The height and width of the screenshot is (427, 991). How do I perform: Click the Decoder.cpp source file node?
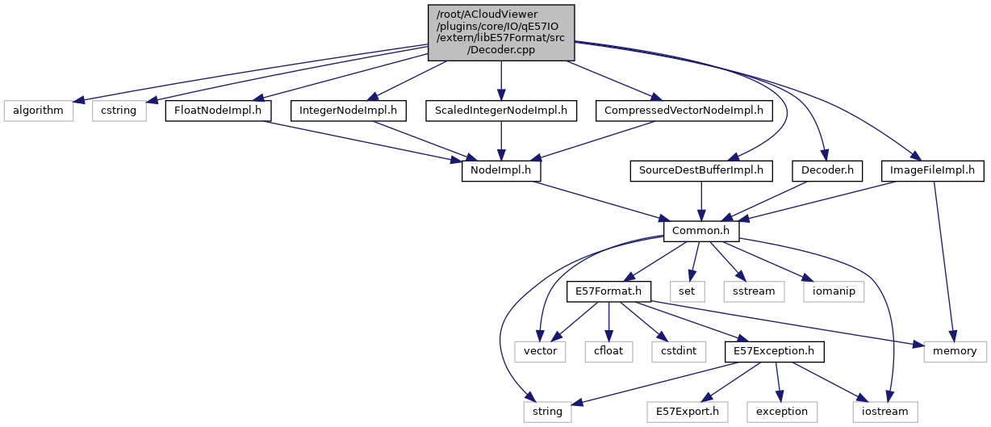(x=500, y=31)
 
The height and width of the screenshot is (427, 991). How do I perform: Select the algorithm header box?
(x=37, y=110)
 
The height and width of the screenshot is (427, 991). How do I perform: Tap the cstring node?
(x=119, y=110)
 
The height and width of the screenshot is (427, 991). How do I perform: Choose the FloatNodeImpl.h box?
(x=218, y=110)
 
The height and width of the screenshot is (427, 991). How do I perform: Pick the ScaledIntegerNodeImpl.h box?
(x=501, y=110)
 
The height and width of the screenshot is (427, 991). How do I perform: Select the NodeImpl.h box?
(x=500, y=171)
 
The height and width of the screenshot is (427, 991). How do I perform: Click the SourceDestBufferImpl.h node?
(x=701, y=171)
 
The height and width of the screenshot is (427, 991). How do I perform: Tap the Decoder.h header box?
(x=827, y=171)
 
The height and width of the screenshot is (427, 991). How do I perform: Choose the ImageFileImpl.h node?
(x=933, y=171)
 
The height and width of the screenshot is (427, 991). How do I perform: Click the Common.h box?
(x=701, y=232)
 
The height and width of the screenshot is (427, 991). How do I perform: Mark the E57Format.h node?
(x=608, y=291)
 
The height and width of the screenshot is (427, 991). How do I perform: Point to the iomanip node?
(x=832, y=291)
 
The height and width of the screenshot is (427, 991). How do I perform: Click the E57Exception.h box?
(x=775, y=351)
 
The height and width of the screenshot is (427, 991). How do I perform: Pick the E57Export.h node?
(x=688, y=412)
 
